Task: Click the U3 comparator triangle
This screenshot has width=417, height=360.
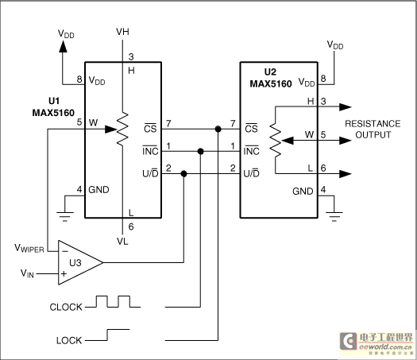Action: click(80, 262)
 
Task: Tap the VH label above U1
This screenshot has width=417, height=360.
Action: click(122, 32)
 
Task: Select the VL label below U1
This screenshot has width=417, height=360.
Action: click(122, 242)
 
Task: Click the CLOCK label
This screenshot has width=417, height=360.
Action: click(66, 307)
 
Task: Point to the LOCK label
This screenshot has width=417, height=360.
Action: click(69, 341)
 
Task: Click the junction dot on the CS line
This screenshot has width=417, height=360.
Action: click(218, 129)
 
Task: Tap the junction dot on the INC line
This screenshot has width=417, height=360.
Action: click(201, 152)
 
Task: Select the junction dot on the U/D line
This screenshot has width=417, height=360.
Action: click(183, 174)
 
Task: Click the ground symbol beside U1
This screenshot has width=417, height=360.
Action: click(65, 216)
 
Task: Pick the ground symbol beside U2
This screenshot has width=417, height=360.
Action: click(334, 216)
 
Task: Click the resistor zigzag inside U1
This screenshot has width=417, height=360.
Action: click(122, 129)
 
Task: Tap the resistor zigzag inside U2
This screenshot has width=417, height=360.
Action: click(276, 140)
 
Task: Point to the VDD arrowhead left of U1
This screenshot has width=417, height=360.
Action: click(63, 47)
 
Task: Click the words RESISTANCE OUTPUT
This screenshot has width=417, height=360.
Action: click(373, 130)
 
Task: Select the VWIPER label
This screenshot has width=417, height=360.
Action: click(29, 248)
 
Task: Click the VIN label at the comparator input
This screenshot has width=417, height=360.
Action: click(27, 273)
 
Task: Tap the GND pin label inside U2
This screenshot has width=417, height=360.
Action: click(303, 192)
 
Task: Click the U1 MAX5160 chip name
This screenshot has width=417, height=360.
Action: click(53, 107)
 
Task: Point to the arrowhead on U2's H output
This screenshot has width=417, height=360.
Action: click(346, 107)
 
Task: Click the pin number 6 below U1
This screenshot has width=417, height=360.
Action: click(131, 226)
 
